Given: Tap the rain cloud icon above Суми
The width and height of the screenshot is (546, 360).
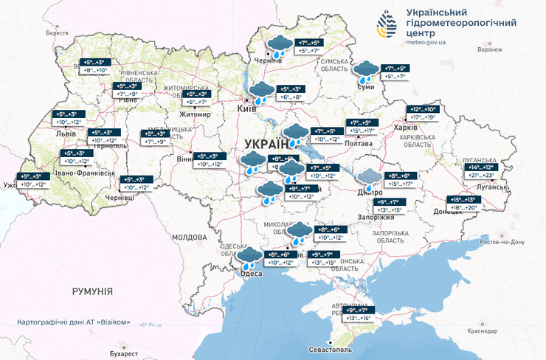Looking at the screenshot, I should (x=365, y=72).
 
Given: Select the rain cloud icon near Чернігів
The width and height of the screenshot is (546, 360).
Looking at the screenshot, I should (x=279, y=46).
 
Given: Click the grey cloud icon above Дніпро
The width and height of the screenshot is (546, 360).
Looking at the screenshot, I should (x=368, y=179).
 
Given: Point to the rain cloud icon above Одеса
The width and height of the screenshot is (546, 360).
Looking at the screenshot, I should (x=248, y=257).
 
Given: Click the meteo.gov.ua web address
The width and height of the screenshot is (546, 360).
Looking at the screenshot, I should (x=426, y=43).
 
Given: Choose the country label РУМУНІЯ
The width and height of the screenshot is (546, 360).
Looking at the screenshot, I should (x=92, y=292).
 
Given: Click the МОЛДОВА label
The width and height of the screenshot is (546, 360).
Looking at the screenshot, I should (x=189, y=238).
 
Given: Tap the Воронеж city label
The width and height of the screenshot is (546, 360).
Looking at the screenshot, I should (x=490, y=49).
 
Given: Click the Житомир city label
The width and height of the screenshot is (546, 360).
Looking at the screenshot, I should (x=196, y=115).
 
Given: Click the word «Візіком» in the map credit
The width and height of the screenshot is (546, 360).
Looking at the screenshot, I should (x=117, y=322).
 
